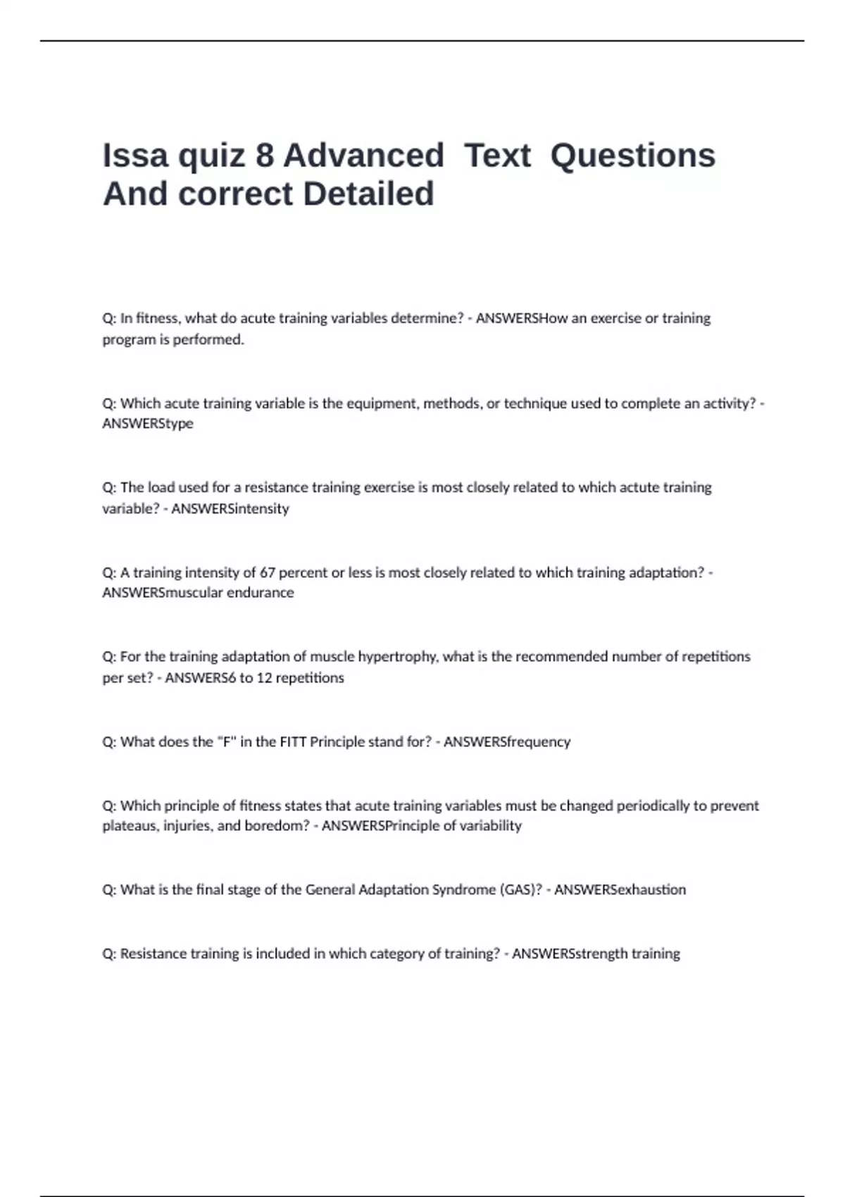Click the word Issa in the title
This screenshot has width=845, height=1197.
pos(134,156)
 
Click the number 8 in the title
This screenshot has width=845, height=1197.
pos(264,156)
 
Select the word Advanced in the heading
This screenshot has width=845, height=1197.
pos(363,156)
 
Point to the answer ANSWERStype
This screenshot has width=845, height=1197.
pos(148,424)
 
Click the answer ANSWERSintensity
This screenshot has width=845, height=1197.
pos(230,508)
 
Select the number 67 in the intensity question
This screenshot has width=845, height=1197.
pos(268,572)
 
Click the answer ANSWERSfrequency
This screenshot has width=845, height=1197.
pos(507,741)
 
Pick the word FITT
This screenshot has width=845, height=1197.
pos(293,741)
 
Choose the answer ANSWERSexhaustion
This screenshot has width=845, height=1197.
pos(620,890)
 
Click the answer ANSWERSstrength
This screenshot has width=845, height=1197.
pos(570,954)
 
